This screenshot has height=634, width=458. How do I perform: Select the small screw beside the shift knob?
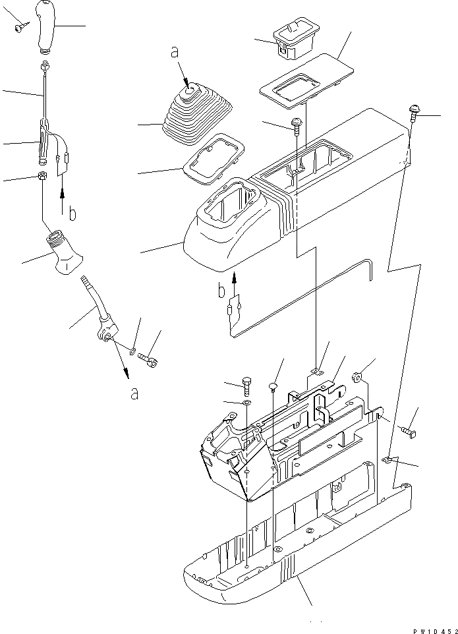(19, 26)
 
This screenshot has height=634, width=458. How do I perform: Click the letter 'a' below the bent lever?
(134, 393)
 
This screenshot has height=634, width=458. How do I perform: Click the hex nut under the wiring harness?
(42, 177)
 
